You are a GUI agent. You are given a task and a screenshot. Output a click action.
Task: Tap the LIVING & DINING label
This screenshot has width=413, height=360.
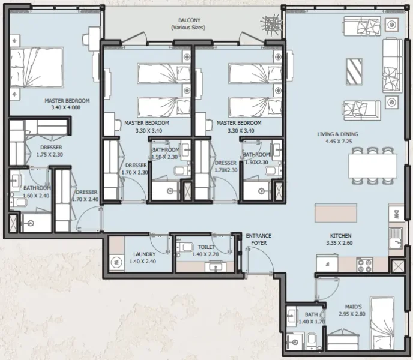[339, 134]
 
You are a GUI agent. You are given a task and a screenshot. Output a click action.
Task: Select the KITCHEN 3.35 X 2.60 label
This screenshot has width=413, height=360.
[340, 239]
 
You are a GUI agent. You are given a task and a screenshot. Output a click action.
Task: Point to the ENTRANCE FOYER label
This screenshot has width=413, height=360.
[258, 239]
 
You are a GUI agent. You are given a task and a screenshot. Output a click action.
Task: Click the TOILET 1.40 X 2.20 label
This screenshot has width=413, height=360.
[206, 250]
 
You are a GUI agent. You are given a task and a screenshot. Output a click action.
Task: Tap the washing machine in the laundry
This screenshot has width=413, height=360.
[116, 262]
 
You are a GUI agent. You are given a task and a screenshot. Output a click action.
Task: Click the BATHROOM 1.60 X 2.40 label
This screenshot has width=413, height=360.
[28, 191]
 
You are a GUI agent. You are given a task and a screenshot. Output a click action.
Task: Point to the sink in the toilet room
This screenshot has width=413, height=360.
[214, 266]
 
